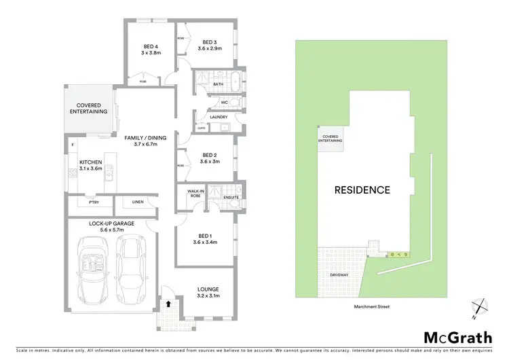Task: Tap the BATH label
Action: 219,84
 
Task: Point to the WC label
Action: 223,103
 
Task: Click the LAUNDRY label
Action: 219,118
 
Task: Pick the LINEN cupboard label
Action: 138,202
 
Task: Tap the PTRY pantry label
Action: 92,202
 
